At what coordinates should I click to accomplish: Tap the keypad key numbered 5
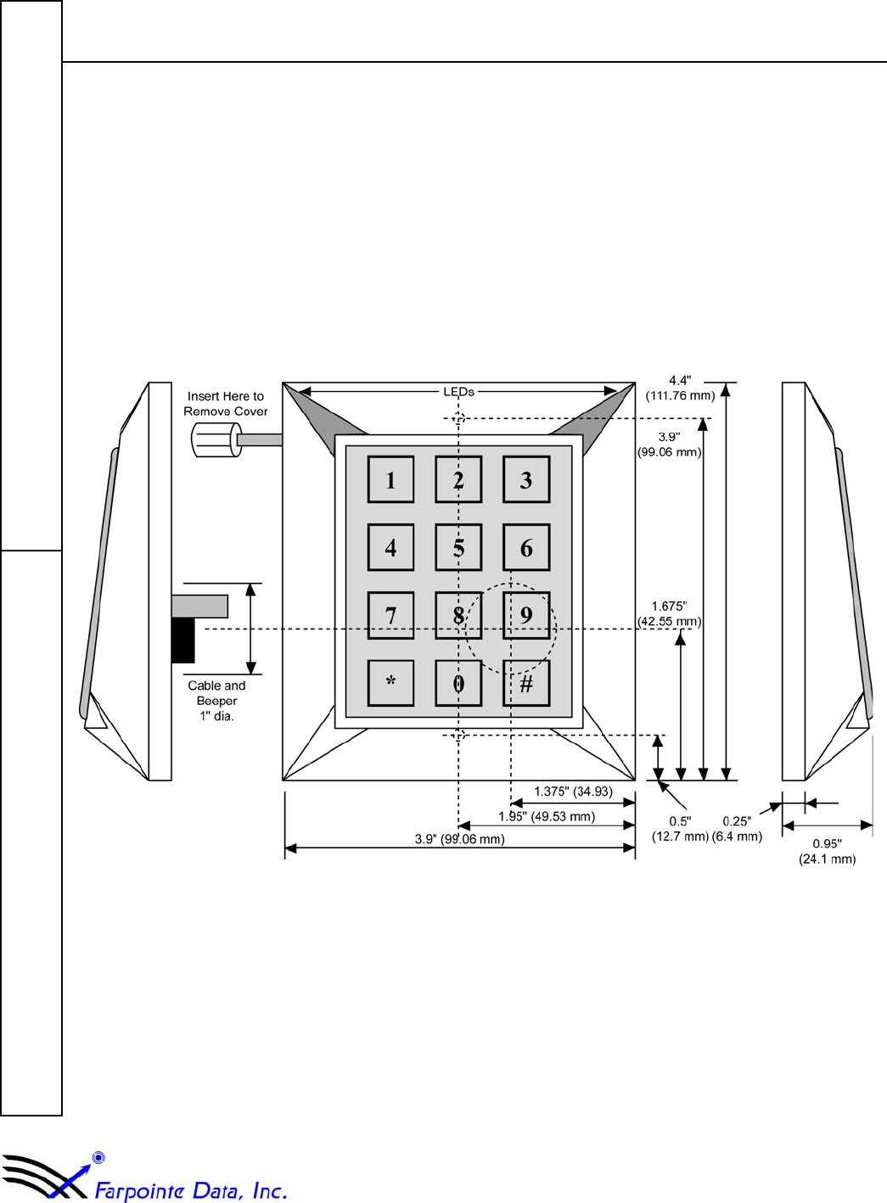pos(458,547)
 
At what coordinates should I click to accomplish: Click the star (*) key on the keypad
pos(390,683)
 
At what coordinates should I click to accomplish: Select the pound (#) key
pos(526,683)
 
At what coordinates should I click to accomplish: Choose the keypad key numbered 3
pos(526,479)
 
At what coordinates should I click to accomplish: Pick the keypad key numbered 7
pos(390,615)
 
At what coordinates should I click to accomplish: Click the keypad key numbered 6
pos(526,547)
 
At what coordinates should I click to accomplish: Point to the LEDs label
pos(459,392)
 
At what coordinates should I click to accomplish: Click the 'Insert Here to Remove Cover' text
pos(226,404)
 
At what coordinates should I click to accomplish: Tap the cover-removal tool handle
pos(216,439)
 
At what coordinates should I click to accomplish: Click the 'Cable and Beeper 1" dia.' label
pos(216,701)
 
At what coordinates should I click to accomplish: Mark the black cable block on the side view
pos(182,641)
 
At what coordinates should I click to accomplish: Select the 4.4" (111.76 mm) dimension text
pos(680,389)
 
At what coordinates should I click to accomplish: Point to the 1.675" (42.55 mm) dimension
pos(670,614)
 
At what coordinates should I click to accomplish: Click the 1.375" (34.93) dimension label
pos(573,792)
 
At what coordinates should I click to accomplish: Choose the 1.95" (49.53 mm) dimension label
pos(547,817)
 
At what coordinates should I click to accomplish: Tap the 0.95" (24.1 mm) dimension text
pos(827,852)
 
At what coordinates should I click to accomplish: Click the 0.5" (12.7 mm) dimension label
pos(680,829)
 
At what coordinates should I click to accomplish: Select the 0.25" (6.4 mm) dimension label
pos(737,829)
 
